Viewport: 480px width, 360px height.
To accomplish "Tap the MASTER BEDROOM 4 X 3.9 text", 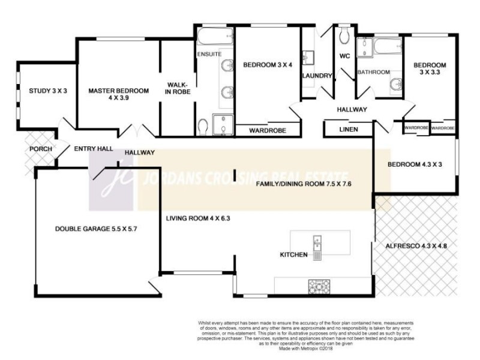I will [118, 94].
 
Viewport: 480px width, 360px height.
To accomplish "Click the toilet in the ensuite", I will [203, 125].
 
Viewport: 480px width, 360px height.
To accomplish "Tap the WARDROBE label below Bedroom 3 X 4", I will [267, 130].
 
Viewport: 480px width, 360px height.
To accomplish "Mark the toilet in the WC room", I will [344, 37].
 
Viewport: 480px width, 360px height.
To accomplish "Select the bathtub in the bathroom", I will [380, 44].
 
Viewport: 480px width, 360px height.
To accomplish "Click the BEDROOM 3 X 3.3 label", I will [430, 69].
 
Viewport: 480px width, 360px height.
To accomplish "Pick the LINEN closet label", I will [349, 129].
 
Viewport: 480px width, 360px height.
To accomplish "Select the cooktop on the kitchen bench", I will [316, 286].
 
